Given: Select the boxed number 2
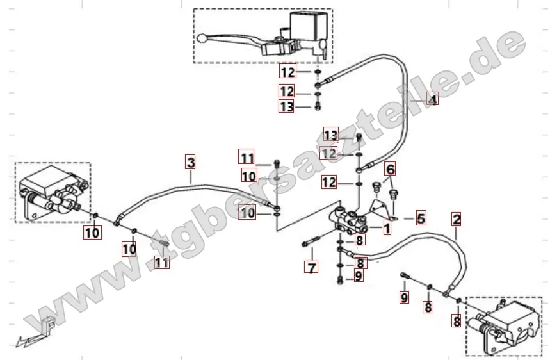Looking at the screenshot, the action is (457, 220).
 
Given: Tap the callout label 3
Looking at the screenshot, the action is (190, 163).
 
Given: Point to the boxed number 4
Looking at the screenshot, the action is (433, 100).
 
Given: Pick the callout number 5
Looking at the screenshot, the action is (421, 218).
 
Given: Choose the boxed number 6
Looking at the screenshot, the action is (390, 169).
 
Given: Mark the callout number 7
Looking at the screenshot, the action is (311, 267).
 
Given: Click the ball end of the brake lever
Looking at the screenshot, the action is (202, 38).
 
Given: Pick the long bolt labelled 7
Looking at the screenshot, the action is (310, 241).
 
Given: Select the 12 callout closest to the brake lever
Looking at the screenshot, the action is (288, 72).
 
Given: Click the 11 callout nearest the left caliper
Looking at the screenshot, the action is (162, 262).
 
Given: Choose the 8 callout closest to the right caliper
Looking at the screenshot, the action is (457, 321).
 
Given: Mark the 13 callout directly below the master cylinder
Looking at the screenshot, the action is (287, 106).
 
